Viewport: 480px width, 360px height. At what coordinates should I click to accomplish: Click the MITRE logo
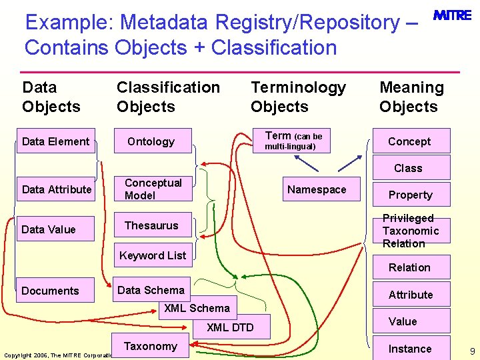click(453, 15)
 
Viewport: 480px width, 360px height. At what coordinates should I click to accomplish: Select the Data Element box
click(56, 141)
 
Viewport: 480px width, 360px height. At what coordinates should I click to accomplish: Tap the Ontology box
click(151, 141)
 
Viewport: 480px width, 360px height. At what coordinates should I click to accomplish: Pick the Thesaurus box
click(152, 225)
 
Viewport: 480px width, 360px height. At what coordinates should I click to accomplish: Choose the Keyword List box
click(153, 255)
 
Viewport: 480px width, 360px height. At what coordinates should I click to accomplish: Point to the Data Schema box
click(151, 290)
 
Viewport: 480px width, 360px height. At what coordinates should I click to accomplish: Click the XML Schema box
click(197, 308)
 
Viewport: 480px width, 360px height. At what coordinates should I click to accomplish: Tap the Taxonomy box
click(151, 346)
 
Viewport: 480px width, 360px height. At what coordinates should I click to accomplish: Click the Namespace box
click(317, 189)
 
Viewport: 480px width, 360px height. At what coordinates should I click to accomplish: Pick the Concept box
click(409, 141)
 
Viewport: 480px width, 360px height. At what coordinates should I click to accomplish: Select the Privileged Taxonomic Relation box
click(410, 231)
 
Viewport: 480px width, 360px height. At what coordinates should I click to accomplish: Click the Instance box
click(410, 349)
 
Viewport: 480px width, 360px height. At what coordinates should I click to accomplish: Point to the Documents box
click(51, 291)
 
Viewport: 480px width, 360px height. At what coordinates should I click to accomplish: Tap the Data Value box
click(49, 229)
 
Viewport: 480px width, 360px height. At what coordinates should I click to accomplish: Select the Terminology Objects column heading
click(298, 97)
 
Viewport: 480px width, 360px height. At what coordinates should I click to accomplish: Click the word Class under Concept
click(408, 168)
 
